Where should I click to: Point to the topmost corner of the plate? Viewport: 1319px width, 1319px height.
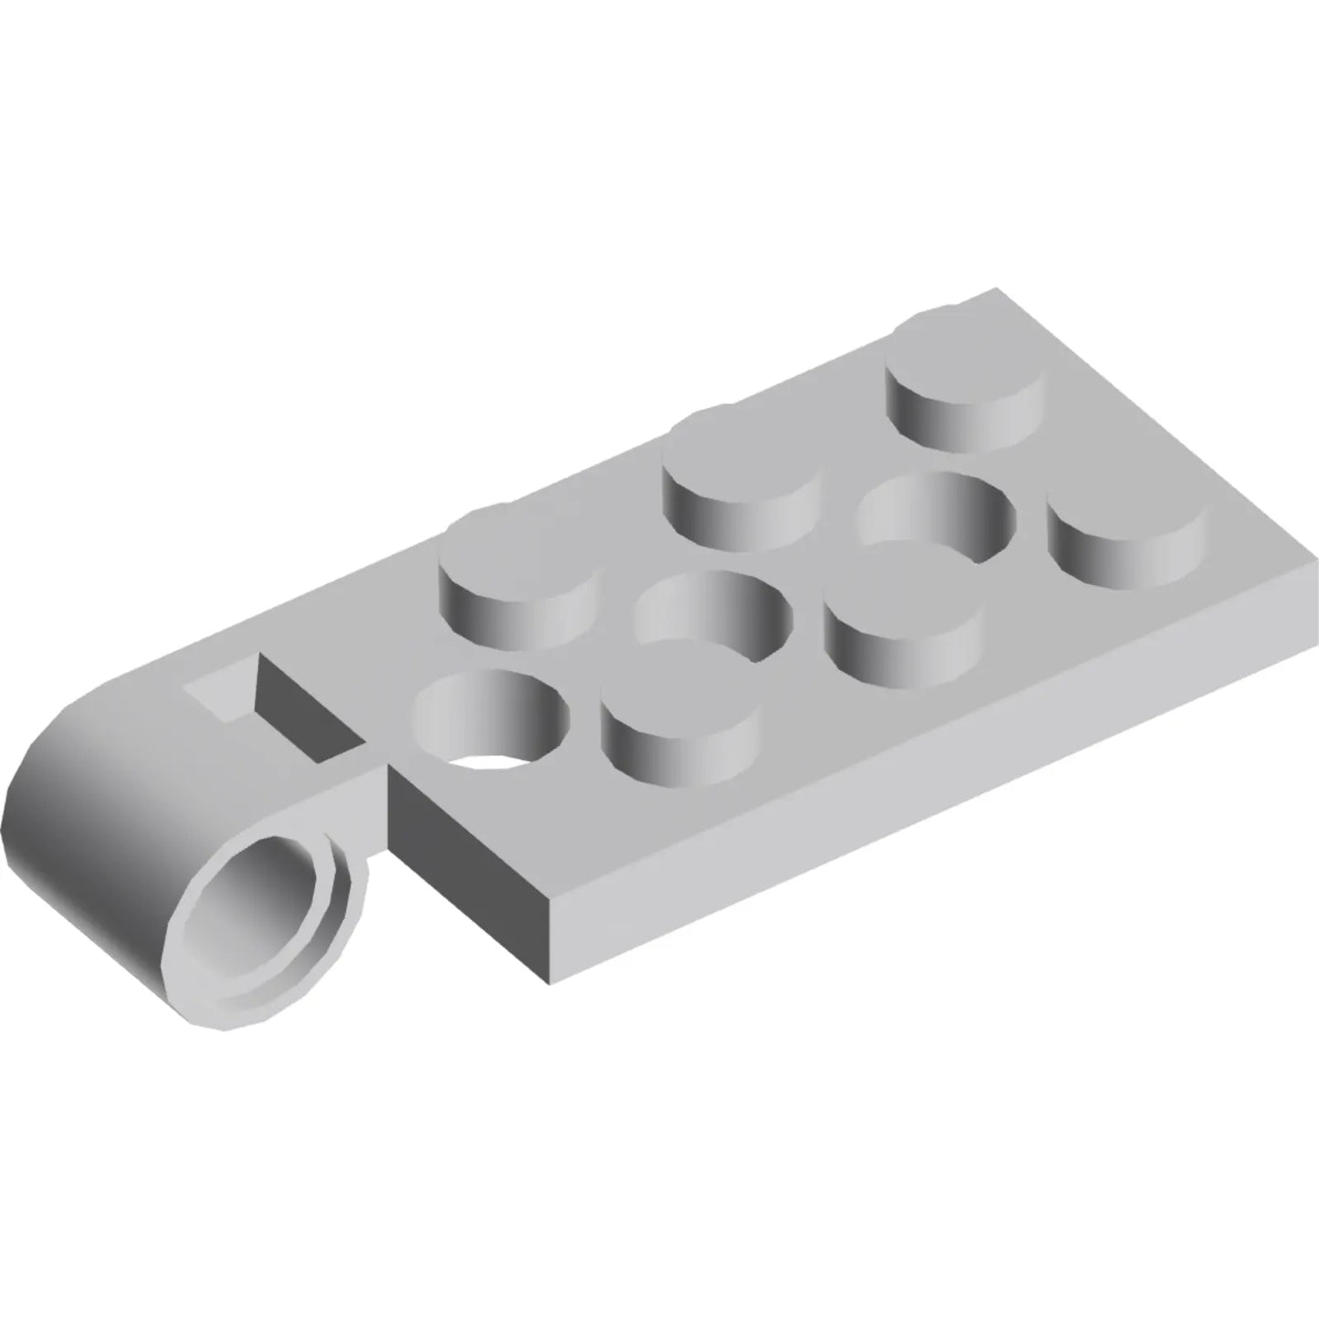click(995, 290)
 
